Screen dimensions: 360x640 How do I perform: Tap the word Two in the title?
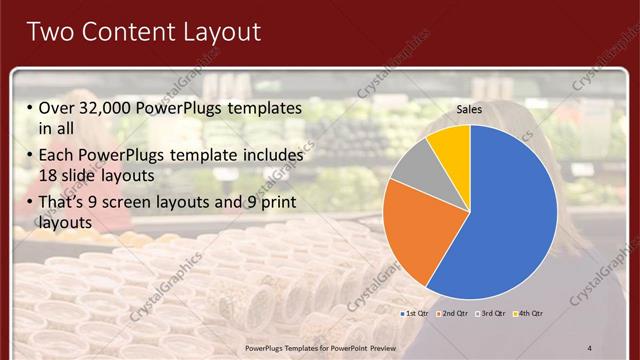(51, 32)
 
